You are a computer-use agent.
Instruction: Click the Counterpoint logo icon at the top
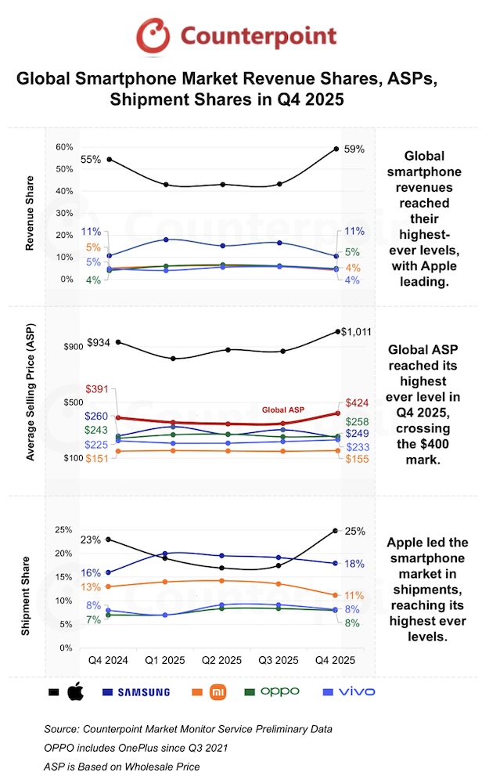click(153, 36)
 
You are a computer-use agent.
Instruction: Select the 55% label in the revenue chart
click(91, 160)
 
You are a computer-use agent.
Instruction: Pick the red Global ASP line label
click(282, 410)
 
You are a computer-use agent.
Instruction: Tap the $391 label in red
click(98, 390)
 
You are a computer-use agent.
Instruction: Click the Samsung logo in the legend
click(142, 691)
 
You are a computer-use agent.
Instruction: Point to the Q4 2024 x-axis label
click(109, 660)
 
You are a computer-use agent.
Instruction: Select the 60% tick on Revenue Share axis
click(63, 147)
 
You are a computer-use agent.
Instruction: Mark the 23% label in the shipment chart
click(91, 539)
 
